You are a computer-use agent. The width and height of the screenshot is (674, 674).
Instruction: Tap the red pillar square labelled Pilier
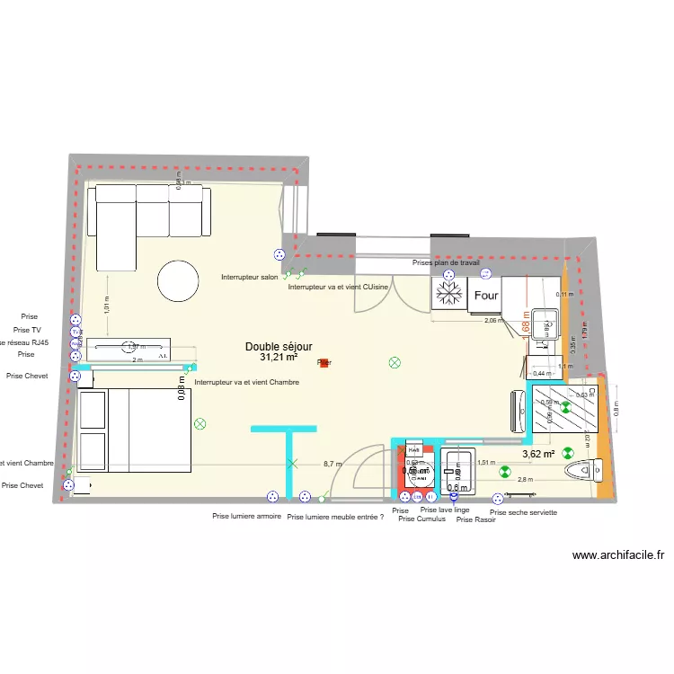tap(324, 363)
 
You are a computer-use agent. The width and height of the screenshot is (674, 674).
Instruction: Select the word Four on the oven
tap(486, 295)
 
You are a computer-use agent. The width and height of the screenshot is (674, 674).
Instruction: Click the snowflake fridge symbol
tap(448, 293)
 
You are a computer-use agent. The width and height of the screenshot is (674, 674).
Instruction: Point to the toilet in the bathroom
tap(581, 469)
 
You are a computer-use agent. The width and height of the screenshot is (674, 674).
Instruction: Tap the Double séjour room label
tap(279, 346)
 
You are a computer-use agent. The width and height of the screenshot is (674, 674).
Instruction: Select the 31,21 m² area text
tap(279, 357)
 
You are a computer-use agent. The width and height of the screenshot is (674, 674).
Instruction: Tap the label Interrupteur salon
tap(250, 278)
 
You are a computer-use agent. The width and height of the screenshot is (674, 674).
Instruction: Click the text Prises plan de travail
tap(446, 262)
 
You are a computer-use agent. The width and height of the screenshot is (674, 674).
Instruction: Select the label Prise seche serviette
tap(523, 512)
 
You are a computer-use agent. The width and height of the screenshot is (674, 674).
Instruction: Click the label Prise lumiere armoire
tap(247, 517)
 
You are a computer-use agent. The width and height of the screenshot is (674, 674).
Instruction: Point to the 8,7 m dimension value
tap(333, 465)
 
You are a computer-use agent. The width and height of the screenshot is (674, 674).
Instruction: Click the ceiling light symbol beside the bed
tap(200, 422)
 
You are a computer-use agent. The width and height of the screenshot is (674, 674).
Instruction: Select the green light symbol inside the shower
tap(566, 407)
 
